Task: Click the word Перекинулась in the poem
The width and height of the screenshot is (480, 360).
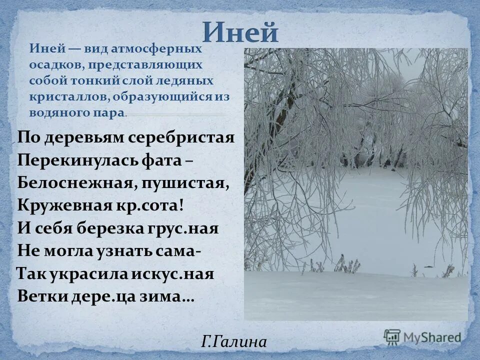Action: click(x=73, y=160)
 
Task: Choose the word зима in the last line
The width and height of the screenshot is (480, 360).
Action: click(x=168, y=296)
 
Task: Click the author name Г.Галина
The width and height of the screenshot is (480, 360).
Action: click(x=234, y=342)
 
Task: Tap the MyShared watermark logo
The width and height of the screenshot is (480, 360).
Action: click(x=422, y=336)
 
